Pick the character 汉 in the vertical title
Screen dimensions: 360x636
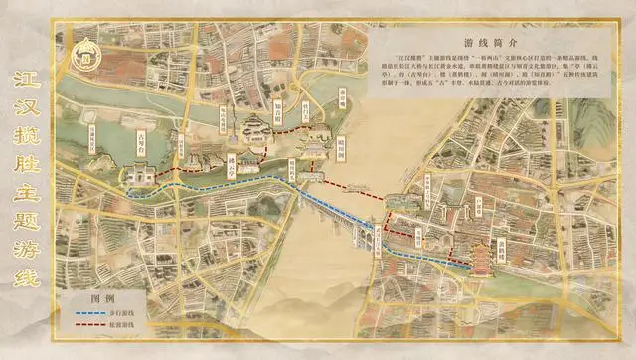(x=28, y=110)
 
